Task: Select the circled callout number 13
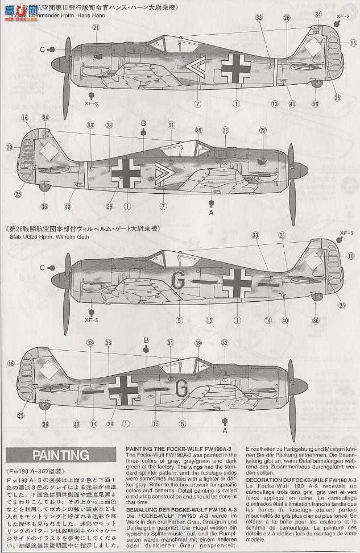tap(275, 103)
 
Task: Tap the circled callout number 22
tap(263, 130)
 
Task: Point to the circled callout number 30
tap(10, 147)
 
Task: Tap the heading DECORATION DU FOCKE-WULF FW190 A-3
tap(300, 480)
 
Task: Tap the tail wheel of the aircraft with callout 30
tap(44, 186)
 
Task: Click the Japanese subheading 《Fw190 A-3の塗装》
tap(28, 472)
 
